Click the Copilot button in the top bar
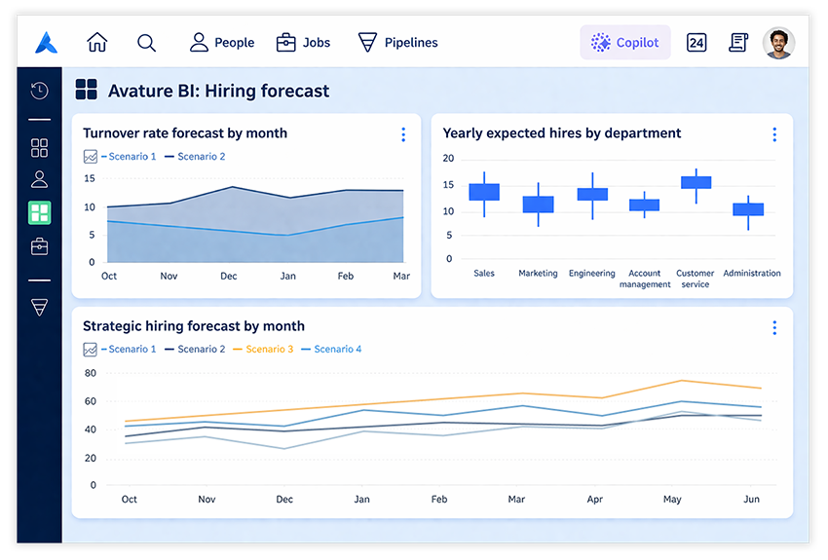(625, 43)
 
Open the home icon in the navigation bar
(97, 43)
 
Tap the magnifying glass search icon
(146, 43)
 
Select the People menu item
(222, 43)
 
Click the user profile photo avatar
(778, 43)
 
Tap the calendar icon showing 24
(696, 43)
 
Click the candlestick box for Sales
(484, 192)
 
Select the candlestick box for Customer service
(696, 182)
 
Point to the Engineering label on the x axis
(591, 274)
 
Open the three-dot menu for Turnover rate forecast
(403, 135)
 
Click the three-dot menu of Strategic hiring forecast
(774, 328)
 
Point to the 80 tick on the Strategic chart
(91, 373)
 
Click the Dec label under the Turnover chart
(229, 277)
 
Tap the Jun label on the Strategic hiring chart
(751, 500)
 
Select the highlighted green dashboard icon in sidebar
(40, 212)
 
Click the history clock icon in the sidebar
(40, 92)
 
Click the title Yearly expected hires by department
(562, 133)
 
